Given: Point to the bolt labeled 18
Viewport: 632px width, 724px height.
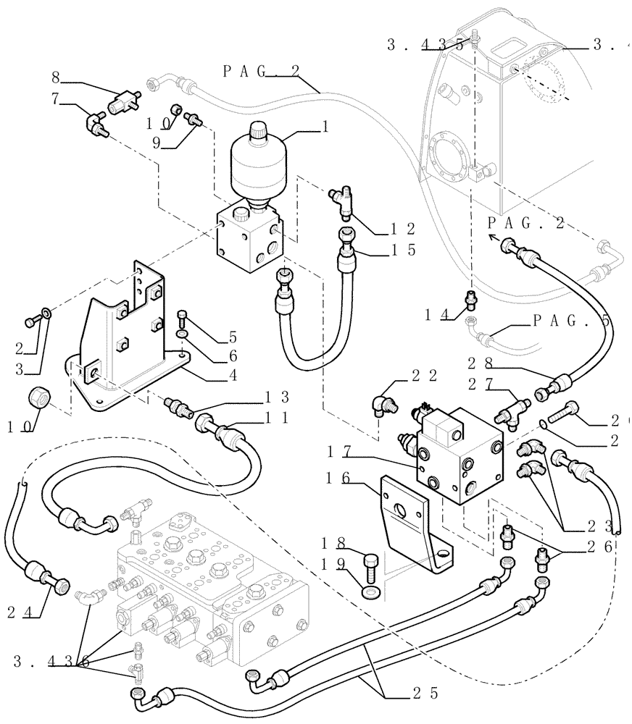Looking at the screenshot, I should [x=370, y=563].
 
